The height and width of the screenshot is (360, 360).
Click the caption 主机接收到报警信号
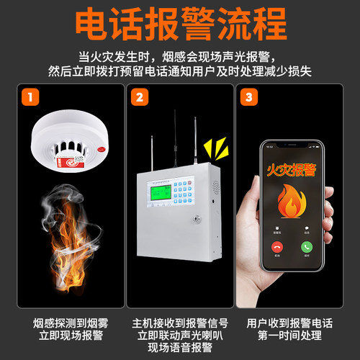(179, 324)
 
